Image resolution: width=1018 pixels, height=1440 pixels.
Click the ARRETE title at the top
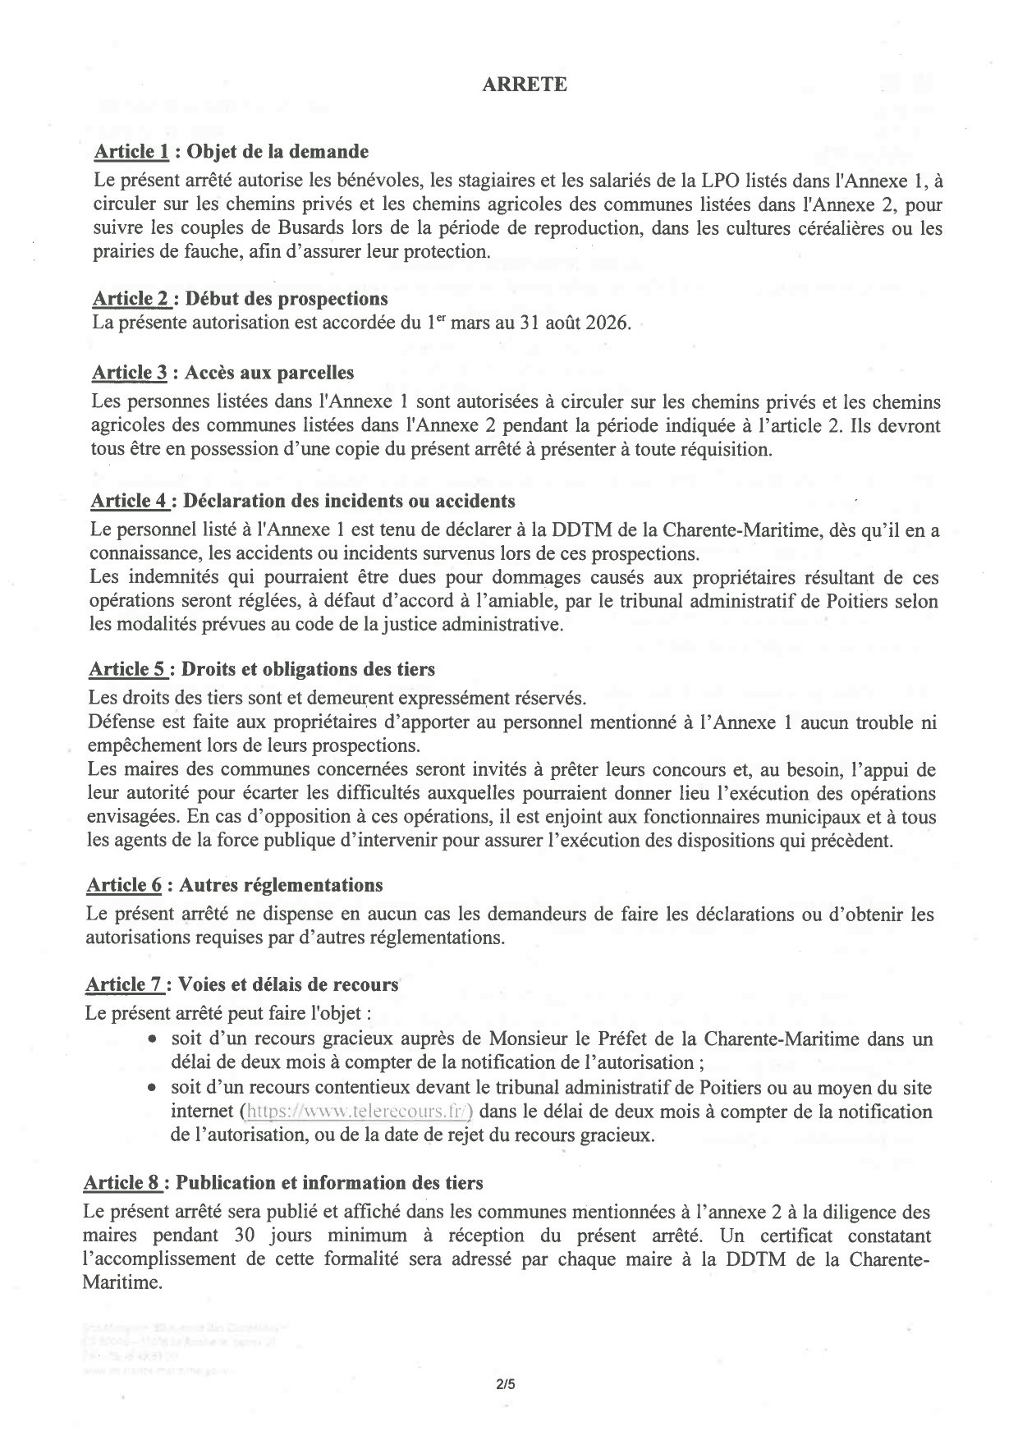tap(524, 85)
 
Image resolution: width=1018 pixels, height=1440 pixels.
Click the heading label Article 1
tap(131, 152)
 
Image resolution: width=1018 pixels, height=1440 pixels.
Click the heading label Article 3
tap(130, 373)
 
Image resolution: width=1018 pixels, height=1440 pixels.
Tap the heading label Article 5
tap(128, 669)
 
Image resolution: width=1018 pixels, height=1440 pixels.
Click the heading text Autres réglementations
tap(281, 885)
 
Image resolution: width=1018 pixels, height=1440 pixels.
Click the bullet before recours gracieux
tap(153, 1039)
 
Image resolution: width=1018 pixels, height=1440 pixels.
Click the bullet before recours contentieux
tap(153, 1089)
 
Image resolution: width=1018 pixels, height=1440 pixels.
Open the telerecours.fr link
tap(356, 1112)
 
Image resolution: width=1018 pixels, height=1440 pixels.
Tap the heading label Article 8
tap(124, 1183)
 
